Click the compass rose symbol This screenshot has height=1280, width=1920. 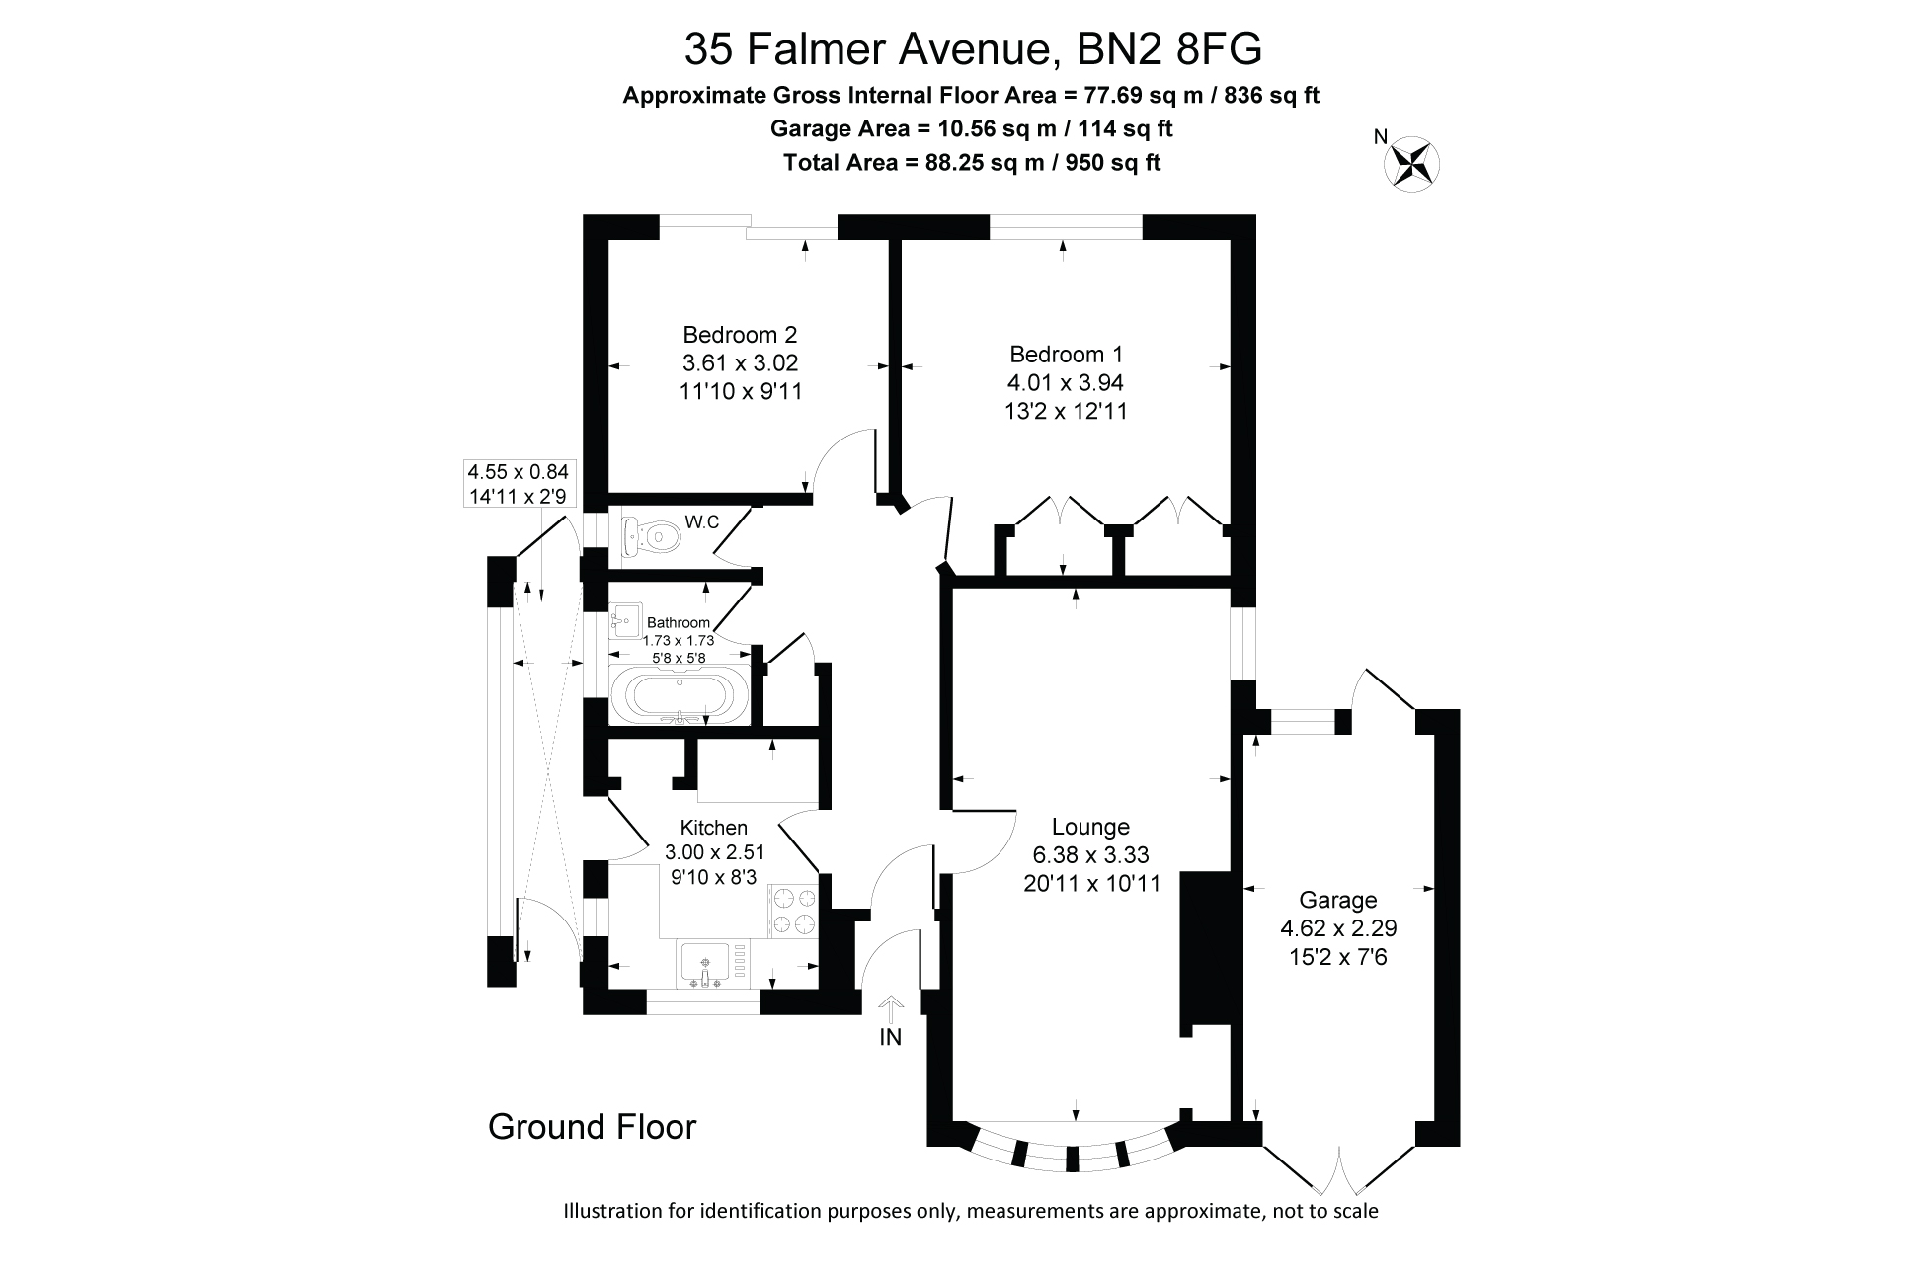(1412, 163)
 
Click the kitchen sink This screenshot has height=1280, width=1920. (704, 964)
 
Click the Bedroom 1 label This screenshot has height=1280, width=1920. (1066, 354)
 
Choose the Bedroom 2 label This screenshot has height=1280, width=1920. (740, 335)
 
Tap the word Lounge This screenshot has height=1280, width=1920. (1090, 827)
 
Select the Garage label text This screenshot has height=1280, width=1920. (1337, 900)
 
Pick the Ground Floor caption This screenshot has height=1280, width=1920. (593, 1127)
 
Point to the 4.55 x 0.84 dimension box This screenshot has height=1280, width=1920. (518, 484)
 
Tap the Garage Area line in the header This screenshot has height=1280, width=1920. (971, 128)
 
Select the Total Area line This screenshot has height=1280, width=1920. (971, 162)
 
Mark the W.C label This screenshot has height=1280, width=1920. (702, 522)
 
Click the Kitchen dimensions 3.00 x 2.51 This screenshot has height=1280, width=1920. (714, 852)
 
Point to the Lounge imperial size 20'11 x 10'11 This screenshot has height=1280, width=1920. (1091, 883)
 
